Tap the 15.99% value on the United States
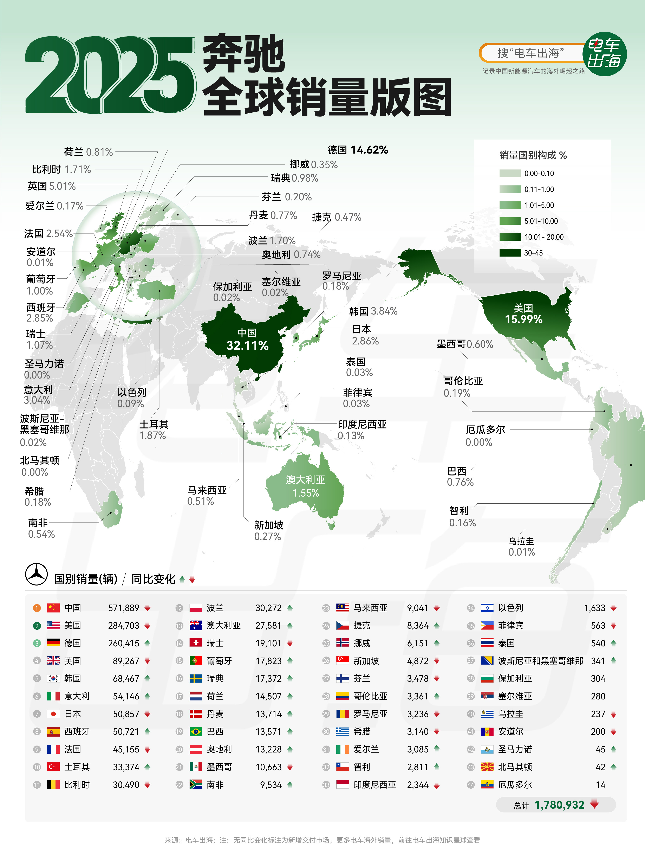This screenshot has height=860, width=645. (x=523, y=319)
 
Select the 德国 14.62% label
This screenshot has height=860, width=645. (x=358, y=150)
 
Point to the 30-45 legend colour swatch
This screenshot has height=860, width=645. (x=510, y=253)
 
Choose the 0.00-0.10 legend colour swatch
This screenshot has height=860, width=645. (x=510, y=173)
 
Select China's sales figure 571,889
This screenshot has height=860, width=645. (x=124, y=608)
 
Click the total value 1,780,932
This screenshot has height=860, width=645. (x=559, y=805)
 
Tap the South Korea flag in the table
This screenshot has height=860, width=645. (x=53, y=678)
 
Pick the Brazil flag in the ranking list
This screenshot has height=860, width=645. (x=196, y=732)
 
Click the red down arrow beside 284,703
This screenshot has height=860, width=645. (x=147, y=626)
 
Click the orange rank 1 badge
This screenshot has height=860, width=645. (x=37, y=608)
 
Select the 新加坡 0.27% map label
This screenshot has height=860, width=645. (x=268, y=531)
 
